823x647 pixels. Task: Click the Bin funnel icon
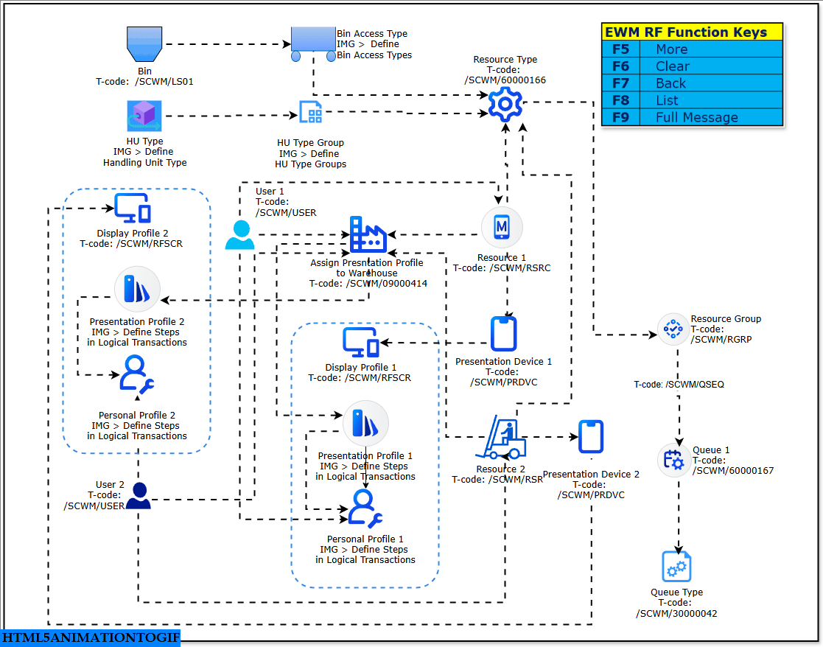(x=144, y=44)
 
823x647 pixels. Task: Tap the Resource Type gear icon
(x=505, y=104)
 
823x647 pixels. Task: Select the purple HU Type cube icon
(x=144, y=116)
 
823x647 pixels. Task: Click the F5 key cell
(x=620, y=49)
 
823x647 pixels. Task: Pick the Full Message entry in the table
(x=696, y=117)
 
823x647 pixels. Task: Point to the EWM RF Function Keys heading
(x=685, y=32)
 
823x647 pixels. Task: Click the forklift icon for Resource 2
(x=501, y=438)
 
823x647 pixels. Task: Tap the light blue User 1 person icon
(x=240, y=235)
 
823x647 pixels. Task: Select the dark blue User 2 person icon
(x=138, y=495)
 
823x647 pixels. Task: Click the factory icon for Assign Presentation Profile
(x=368, y=234)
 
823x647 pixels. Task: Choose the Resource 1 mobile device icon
(x=502, y=228)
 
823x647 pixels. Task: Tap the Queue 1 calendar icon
(x=673, y=460)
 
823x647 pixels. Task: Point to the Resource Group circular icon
(x=673, y=329)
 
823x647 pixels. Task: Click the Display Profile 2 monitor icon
(x=133, y=209)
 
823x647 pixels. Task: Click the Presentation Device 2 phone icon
(x=591, y=436)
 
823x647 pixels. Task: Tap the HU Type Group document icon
(x=310, y=113)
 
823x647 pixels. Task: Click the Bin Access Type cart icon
(x=312, y=43)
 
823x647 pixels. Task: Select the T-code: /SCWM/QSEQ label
(x=679, y=385)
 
